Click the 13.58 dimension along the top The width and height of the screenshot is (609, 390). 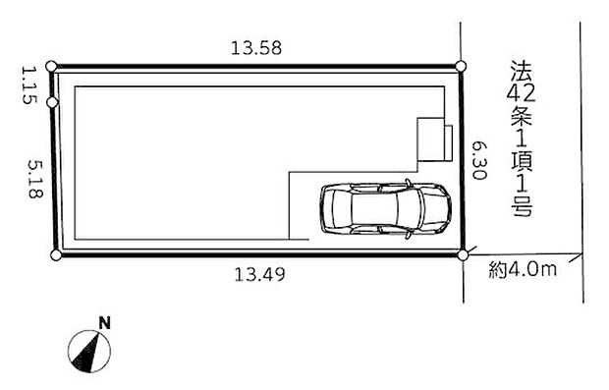256,48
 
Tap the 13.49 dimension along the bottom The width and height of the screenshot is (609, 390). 259,275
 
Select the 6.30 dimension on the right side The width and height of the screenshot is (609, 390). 479,160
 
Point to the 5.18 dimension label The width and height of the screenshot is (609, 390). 35,179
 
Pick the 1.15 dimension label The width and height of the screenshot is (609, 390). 28,85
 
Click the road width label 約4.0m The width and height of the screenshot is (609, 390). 523,269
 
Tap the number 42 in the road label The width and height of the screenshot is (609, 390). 521,93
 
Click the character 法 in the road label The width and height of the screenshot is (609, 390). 522,70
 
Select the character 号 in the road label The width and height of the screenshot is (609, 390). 522,206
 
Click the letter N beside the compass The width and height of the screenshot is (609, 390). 104,323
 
